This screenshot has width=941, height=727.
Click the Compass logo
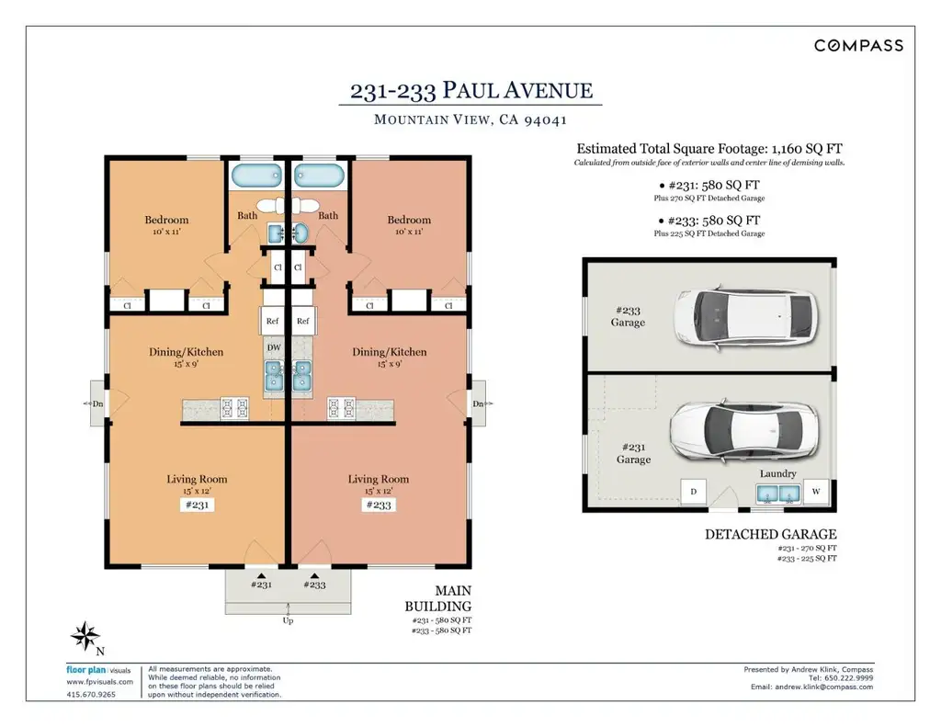coord(858,46)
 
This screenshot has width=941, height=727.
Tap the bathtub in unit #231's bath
coord(257,176)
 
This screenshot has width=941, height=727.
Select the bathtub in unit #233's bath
coord(319,176)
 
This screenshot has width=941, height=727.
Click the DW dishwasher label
coord(274,347)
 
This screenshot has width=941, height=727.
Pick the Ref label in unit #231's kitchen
coord(272,321)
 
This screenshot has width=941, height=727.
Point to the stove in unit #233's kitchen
coord(341,408)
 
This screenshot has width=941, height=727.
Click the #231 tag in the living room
coord(197,505)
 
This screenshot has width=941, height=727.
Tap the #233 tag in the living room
coord(378,505)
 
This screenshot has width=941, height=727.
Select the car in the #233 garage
coord(745,316)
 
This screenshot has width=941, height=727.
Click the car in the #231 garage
coord(744,427)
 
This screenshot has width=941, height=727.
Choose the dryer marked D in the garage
coord(694,492)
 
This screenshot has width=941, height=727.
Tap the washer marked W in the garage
coord(816,492)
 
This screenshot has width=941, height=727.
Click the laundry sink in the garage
coord(777,494)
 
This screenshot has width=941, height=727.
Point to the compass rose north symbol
coord(85,636)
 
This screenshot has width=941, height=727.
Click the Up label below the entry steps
coord(288,620)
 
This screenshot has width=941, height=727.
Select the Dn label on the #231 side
coord(97,404)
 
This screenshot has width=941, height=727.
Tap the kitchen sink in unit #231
coord(274,376)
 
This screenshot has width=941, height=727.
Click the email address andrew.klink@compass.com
coord(824,687)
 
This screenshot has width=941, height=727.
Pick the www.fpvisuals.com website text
coord(99,682)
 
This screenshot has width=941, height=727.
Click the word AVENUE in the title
coord(548,91)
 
